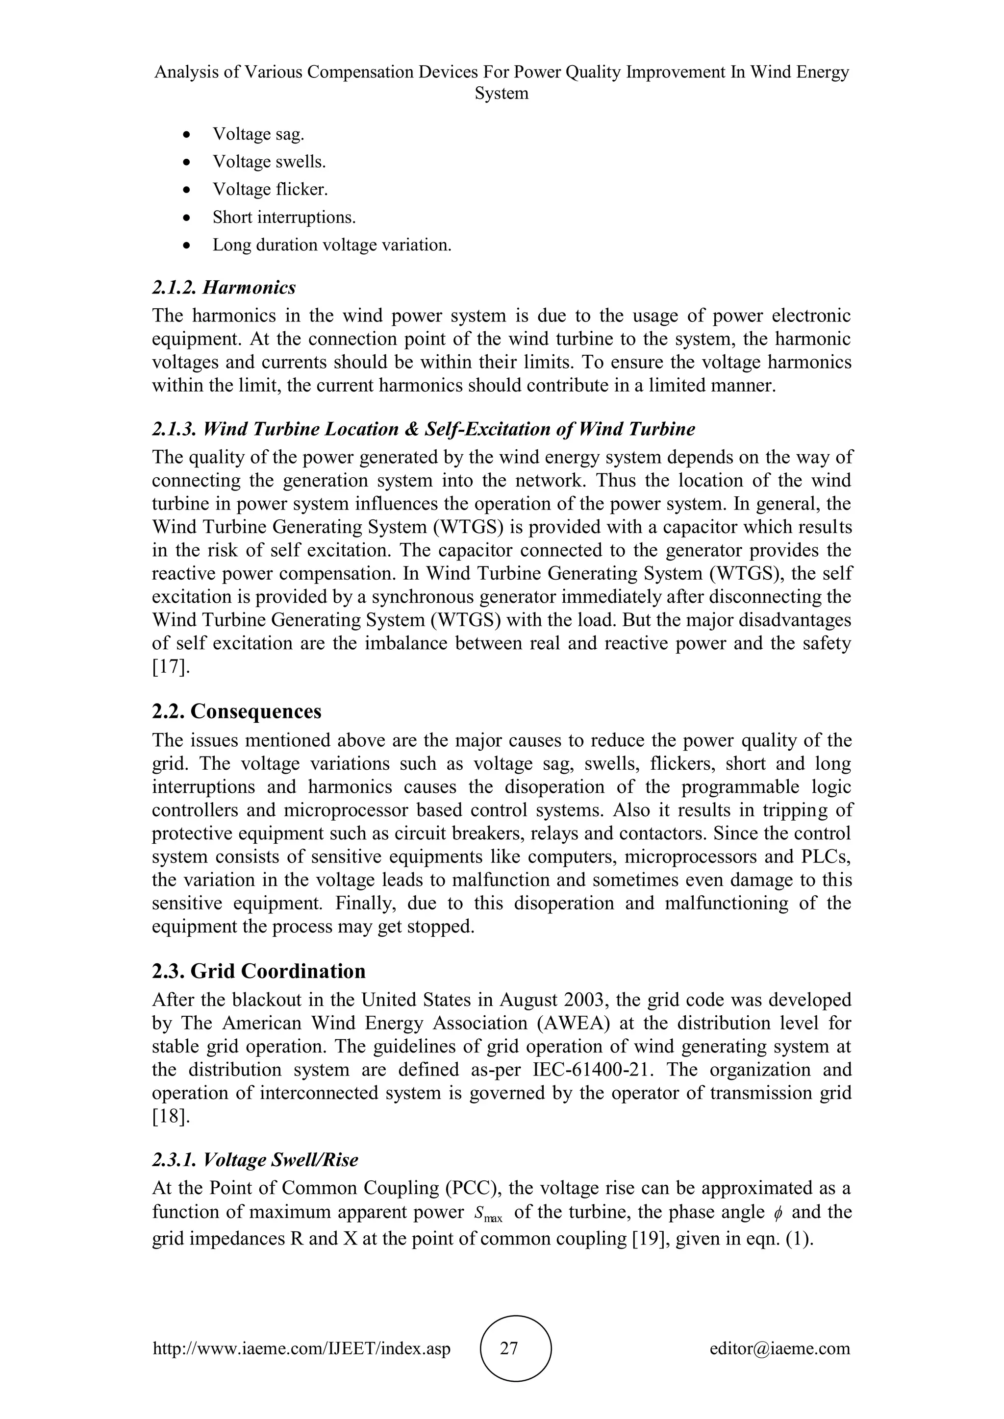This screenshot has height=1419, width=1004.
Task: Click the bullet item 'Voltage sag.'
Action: [258, 134]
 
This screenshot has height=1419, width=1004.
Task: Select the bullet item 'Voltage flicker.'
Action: [270, 190]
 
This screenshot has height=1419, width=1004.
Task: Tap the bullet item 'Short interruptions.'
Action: [284, 218]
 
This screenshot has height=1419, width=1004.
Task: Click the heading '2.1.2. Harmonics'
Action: [224, 288]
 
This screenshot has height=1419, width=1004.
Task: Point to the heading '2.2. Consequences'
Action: [237, 711]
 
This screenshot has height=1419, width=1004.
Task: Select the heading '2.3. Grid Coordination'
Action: [258, 971]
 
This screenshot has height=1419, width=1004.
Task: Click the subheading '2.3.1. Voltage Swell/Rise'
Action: [255, 1160]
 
